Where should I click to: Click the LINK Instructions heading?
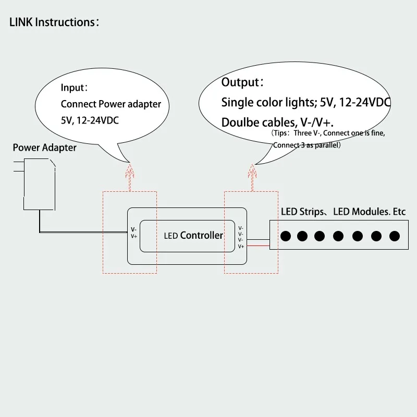[x=51, y=22]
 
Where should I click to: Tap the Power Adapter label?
[x=44, y=148]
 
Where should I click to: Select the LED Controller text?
[x=193, y=236]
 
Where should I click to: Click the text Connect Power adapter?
[x=111, y=104]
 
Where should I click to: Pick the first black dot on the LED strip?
[x=286, y=236]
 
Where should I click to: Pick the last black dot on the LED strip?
[x=391, y=236]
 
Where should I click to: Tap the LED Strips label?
[x=302, y=212]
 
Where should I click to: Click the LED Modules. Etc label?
[x=369, y=212]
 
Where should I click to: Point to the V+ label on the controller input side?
[x=134, y=236]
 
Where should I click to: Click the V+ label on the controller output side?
[x=241, y=246]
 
